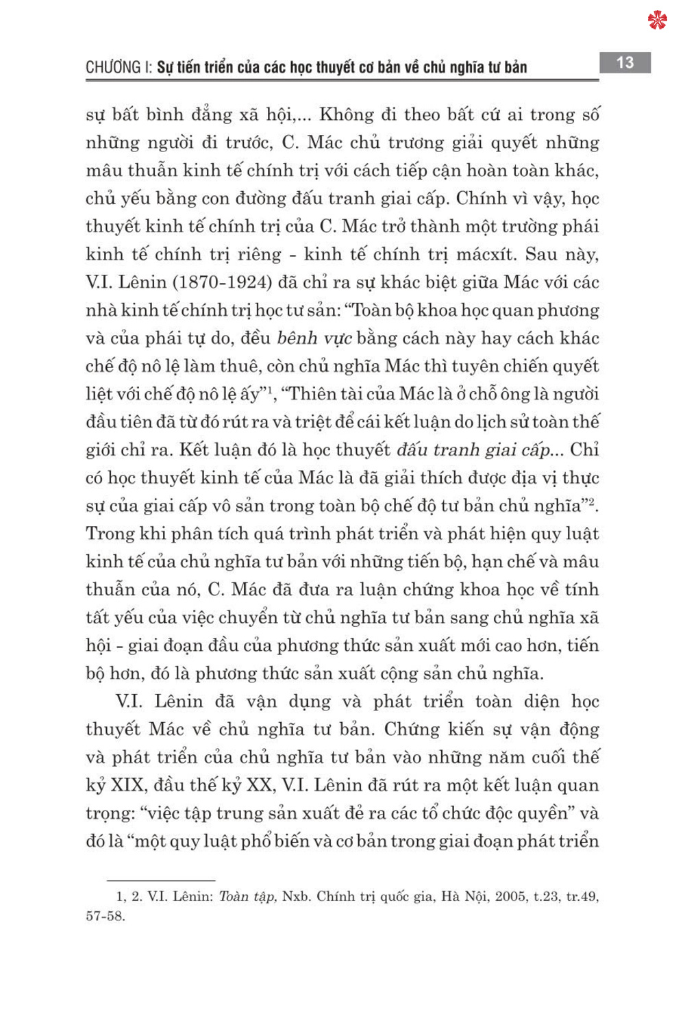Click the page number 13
pyautogui.click(x=625, y=63)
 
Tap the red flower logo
pyautogui.click(x=657, y=20)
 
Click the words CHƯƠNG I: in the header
pyautogui.click(x=119, y=67)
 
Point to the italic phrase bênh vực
pyautogui.click(x=314, y=338)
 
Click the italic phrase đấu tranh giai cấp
pyautogui.click(x=474, y=450)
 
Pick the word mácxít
pyautogui.click(x=486, y=254)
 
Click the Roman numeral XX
pyautogui.click(x=258, y=785)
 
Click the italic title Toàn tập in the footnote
pyautogui.click(x=247, y=897)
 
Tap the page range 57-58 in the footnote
pyautogui.click(x=105, y=917)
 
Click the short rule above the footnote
pyautogui.click(x=161, y=880)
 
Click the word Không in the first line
pyautogui.click(x=347, y=114)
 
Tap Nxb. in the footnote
pyautogui.click(x=296, y=897)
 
